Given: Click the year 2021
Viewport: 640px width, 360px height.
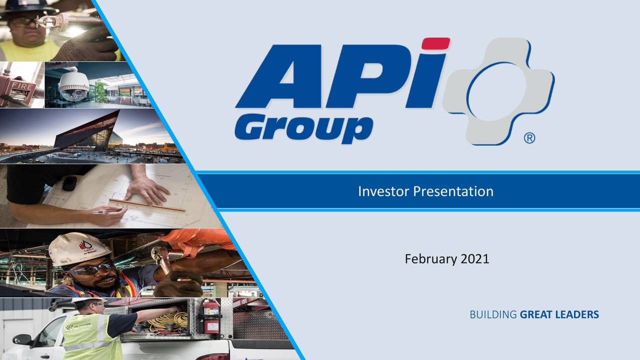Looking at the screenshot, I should [475, 259].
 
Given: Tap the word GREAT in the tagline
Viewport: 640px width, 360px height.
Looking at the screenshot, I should [535, 314].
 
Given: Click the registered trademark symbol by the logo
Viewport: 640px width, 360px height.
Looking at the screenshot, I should [529, 138].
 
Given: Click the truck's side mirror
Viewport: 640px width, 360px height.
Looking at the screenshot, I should [23, 339].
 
